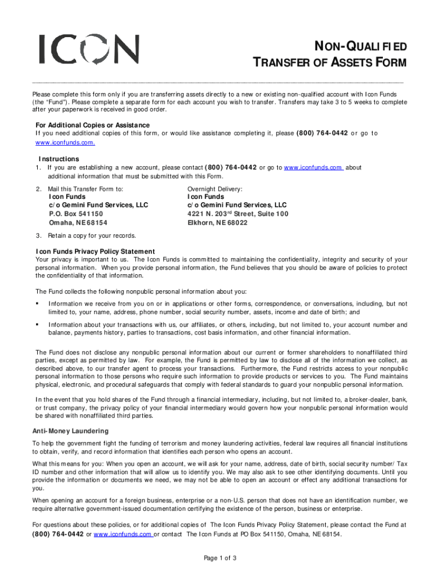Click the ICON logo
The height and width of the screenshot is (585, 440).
(x=89, y=49)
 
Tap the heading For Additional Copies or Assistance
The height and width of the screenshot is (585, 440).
(x=93, y=125)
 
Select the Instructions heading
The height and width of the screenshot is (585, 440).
(x=59, y=159)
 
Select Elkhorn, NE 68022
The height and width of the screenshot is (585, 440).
(x=218, y=223)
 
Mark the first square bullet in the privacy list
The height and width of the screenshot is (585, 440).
(x=37, y=303)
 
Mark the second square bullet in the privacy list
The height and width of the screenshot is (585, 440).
(x=37, y=324)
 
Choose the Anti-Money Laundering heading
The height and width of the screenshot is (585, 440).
(x=70, y=431)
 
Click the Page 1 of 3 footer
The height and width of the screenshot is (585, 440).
(x=220, y=558)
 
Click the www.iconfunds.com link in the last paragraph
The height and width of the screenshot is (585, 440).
(x=122, y=534)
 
